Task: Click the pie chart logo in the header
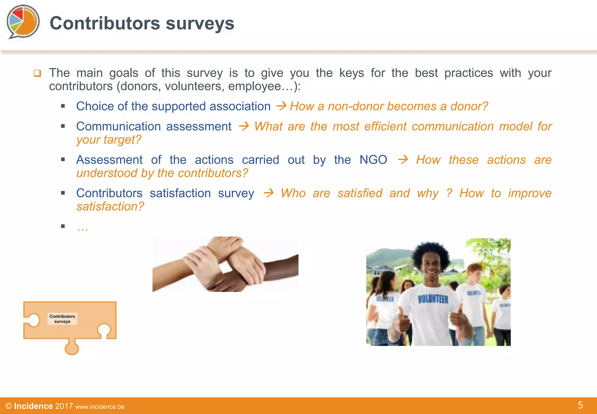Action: (x=23, y=21)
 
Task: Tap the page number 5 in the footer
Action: (x=580, y=405)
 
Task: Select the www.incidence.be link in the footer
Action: (x=100, y=407)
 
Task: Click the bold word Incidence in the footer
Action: (x=33, y=406)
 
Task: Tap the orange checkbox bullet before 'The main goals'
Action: (x=37, y=73)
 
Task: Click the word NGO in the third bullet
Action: (x=373, y=160)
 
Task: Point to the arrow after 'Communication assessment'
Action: (x=244, y=126)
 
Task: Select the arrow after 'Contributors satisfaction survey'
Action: (x=268, y=193)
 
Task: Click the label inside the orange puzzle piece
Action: (x=62, y=319)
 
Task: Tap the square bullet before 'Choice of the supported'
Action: (x=63, y=106)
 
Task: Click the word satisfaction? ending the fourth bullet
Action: (x=110, y=206)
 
